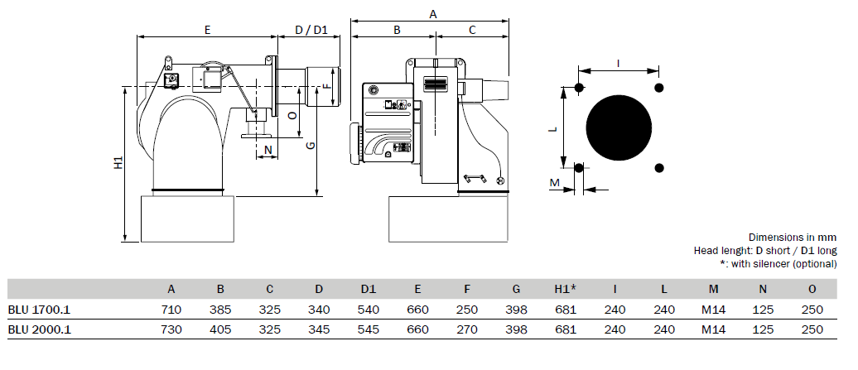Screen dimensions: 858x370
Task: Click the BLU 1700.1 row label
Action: click(x=39, y=310)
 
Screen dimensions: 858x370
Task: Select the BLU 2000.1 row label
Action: click(x=40, y=329)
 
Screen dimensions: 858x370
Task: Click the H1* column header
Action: click(x=566, y=289)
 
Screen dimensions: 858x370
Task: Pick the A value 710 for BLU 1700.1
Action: click(x=171, y=310)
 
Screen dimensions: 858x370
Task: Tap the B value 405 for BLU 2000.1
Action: click(x=220, y=329)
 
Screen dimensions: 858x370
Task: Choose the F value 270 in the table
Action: click(x=467, y=329)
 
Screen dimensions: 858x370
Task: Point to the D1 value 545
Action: click(x=369, y=329)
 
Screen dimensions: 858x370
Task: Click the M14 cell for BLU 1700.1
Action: click(x=714, y=310)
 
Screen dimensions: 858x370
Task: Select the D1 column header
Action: click(x=369, y=289)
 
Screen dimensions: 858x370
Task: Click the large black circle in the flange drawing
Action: click(x=619, y=128)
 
